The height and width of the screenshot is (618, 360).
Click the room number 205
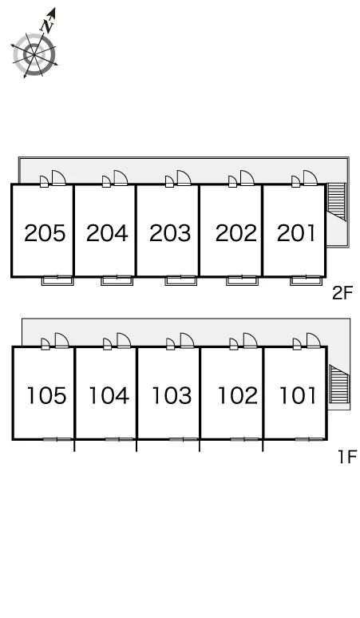pos(45,233)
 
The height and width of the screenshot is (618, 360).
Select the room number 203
pos(170,233)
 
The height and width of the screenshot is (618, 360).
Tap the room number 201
pos(296,233)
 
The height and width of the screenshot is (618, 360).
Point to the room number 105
pos(46,395)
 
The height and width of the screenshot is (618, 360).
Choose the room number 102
pos(238,395)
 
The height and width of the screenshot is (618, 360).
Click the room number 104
pos(109,395)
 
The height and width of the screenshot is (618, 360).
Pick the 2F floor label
pos(342,293)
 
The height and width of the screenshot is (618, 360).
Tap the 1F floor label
pos(347,457)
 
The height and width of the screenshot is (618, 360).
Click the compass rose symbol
pos(34,54)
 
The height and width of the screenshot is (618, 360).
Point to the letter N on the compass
pos(48,26)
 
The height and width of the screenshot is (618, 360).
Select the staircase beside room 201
pos(336,201)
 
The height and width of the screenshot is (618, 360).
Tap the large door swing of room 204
pos(121,178)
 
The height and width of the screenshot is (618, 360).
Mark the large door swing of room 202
pos(247,178)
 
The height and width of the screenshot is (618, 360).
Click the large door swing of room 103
pos(187,340)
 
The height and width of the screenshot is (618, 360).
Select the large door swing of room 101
pos(313,340)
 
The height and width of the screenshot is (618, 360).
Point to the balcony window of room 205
pos(57,280)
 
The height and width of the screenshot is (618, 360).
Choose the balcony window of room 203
pos(180,280)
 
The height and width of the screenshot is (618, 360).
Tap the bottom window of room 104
pos(119,438)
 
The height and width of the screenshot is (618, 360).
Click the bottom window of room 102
pos(244,438)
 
